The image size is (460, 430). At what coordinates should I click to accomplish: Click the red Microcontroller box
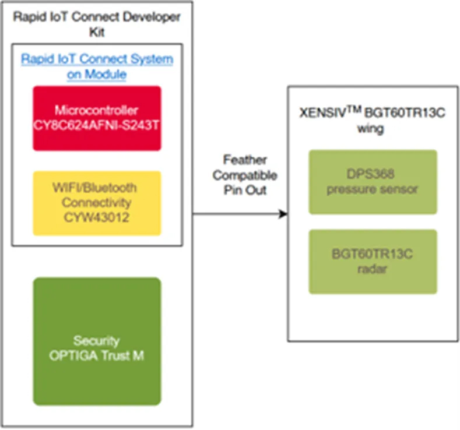tap(97, 118)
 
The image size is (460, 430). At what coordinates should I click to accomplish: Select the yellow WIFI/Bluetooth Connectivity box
tap(97, 203)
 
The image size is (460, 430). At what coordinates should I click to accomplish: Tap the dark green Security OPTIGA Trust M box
tap(97, 341)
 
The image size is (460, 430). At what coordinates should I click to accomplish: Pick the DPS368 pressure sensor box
tap(373, 182)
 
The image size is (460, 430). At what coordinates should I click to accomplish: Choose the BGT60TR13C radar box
tap(373, 262)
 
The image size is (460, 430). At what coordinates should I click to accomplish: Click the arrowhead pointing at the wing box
tap(283, 214)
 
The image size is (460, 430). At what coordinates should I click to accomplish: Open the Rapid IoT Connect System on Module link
tap(97, 66)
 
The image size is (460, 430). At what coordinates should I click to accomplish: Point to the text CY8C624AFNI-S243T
tap(96, 125)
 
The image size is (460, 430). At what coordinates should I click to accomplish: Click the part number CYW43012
tap(97, 218)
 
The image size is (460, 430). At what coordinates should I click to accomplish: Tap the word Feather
tap(245, 160)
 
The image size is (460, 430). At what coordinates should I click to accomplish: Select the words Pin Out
tap(245, 190)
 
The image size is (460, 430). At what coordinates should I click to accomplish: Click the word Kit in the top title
tap(97, 32)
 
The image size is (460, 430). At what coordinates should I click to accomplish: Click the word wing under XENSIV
tap(370, 129)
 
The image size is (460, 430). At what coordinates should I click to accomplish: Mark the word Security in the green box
tap(97, 341)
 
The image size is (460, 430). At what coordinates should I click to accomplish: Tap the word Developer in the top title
tap(152, 17)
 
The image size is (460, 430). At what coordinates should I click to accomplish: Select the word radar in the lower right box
tap(373, 269)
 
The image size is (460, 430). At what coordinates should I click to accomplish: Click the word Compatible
tap(245, 175)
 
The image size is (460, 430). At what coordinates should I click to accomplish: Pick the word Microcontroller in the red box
tap(96, 111)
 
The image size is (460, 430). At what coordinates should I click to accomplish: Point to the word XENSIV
tap(323, 113)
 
